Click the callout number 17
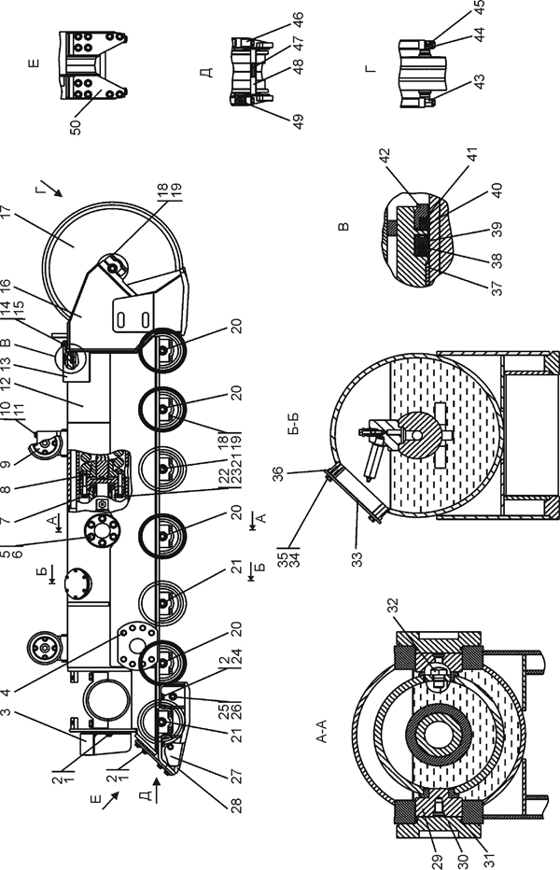[x=7, y=214]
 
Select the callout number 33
[x=358, y=559]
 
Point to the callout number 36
[x=277, y=474]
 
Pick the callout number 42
[x=385, y=157]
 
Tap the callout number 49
[x=299, y=121]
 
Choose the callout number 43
[x=480, y=81]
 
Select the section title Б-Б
[x=294, y=424]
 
